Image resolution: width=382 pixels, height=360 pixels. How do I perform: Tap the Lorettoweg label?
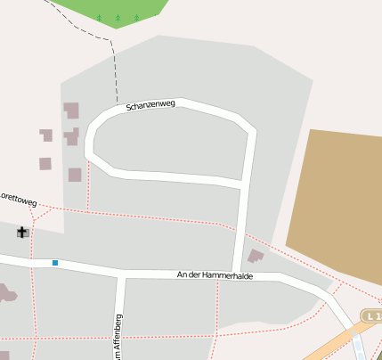[x=18, y=198]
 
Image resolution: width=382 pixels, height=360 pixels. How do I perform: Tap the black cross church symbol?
[x=22, y=233]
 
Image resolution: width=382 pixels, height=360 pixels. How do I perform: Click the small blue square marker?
[x=55, y=263]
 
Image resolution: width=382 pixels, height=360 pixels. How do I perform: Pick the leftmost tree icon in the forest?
[x=99, y=17]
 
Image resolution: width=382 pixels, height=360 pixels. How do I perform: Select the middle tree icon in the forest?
[x=118, y=17]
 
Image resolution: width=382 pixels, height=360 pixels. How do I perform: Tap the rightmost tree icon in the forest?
[x=136, y=17]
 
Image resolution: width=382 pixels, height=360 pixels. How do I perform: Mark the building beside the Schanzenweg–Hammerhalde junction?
[x=256, y=257]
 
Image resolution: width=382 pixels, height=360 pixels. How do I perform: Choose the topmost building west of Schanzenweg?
[x=71, y=110]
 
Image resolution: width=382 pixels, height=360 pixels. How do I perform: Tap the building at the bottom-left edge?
[x=4, y=293]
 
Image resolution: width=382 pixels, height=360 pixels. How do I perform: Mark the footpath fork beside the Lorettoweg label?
[x=40, y=207]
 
